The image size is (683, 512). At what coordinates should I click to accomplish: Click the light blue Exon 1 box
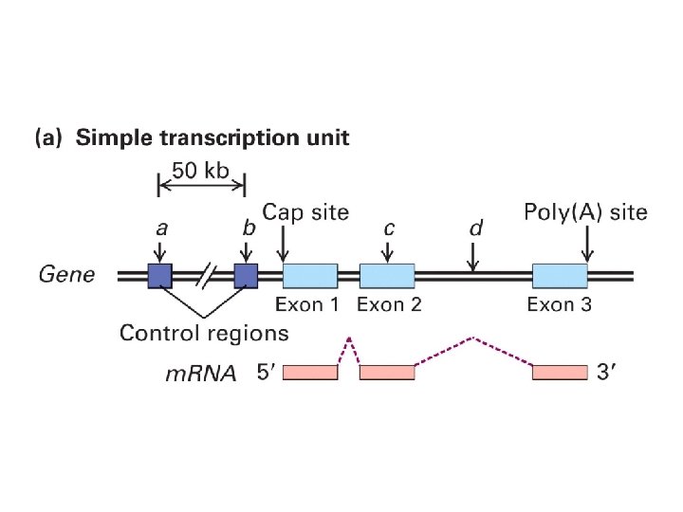[310, 276]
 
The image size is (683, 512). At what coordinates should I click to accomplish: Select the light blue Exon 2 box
[387, 276]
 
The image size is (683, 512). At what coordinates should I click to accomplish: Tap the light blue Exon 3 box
[560, 276]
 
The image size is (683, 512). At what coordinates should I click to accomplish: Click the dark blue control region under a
[159, 276]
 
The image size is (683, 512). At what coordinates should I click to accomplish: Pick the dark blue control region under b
[247, 276]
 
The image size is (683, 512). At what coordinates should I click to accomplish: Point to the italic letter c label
[388, 229]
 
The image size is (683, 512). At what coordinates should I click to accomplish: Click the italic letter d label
[476, 229]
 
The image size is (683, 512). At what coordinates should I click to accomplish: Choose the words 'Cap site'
[305, 212]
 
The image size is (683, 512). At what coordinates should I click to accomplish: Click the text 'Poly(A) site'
[586, 212]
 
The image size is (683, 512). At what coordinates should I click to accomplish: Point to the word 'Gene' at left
[66, 276]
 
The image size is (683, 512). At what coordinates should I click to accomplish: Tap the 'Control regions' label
[204, 333]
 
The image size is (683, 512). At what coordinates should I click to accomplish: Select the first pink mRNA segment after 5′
[310, 373]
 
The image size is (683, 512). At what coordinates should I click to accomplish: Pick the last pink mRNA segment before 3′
[560, 373]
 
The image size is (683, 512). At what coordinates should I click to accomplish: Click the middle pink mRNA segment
[387, 373]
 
